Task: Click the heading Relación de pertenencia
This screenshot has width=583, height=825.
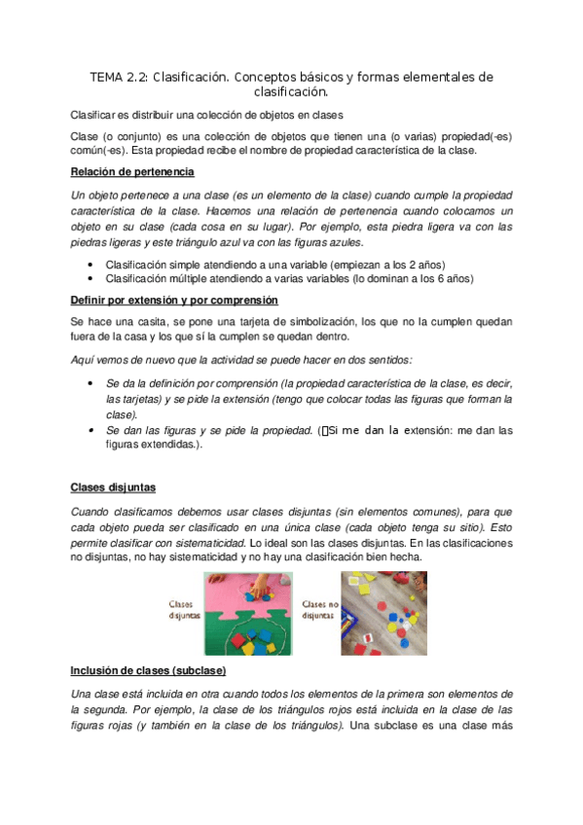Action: (x=132, y=172)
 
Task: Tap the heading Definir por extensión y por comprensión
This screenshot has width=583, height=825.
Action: (x=174, y=300)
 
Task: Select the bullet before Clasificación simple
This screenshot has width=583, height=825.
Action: (x=91, y=264)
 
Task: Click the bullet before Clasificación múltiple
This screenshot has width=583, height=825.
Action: (x=91, y=278)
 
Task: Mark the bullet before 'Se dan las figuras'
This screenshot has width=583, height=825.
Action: (x=91, y=429)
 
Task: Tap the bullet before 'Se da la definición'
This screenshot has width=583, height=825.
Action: (x=91, y=383)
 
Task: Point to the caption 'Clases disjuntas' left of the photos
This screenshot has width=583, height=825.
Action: (x=184, y=609)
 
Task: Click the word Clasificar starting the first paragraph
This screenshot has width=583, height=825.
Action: (x=93, y=114)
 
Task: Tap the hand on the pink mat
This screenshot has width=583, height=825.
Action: (x=264, y=590)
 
